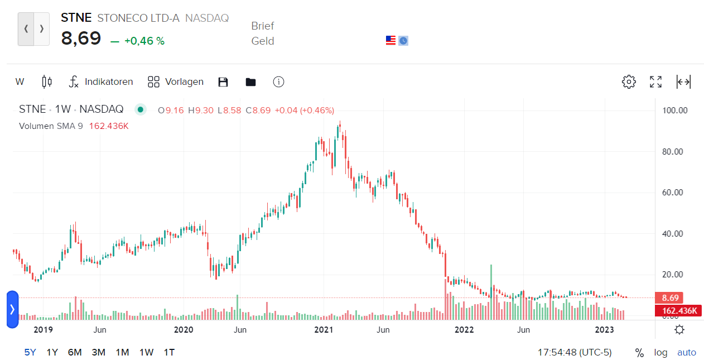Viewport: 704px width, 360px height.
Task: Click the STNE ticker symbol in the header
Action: click(x=76, y=18)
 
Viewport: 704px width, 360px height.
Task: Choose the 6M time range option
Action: click(x=75, y=352)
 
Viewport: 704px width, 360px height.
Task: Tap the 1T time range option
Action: click(x=169, y=352)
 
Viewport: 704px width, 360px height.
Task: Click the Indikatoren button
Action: click(x=101, y=82)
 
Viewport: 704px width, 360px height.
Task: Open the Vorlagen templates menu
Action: click(x=176, y=82)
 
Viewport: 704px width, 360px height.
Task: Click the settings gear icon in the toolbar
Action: click(x=629, y=82)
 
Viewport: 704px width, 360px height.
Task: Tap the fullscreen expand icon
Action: click(x=656, y=82)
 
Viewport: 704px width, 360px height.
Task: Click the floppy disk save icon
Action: click(x=223, y=82)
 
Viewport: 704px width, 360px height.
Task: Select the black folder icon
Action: click(x=250, y=82)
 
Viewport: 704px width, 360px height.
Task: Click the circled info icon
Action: click(x=279, y=82)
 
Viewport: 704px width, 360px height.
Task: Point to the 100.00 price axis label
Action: click(x=674, y=111)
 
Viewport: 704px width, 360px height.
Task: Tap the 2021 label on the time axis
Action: click(x=324, y=330)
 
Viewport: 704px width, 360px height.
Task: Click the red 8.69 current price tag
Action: click(x=670, y=298)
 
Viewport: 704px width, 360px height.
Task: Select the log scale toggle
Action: click(x=660, y=352)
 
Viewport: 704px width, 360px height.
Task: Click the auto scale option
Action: click(x=687, y=352)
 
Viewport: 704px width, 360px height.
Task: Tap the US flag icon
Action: click(x=390, y=40)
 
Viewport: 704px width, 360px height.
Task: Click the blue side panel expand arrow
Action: click(x=12, y=309)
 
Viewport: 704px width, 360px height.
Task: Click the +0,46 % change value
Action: click(x=144, y=41)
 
